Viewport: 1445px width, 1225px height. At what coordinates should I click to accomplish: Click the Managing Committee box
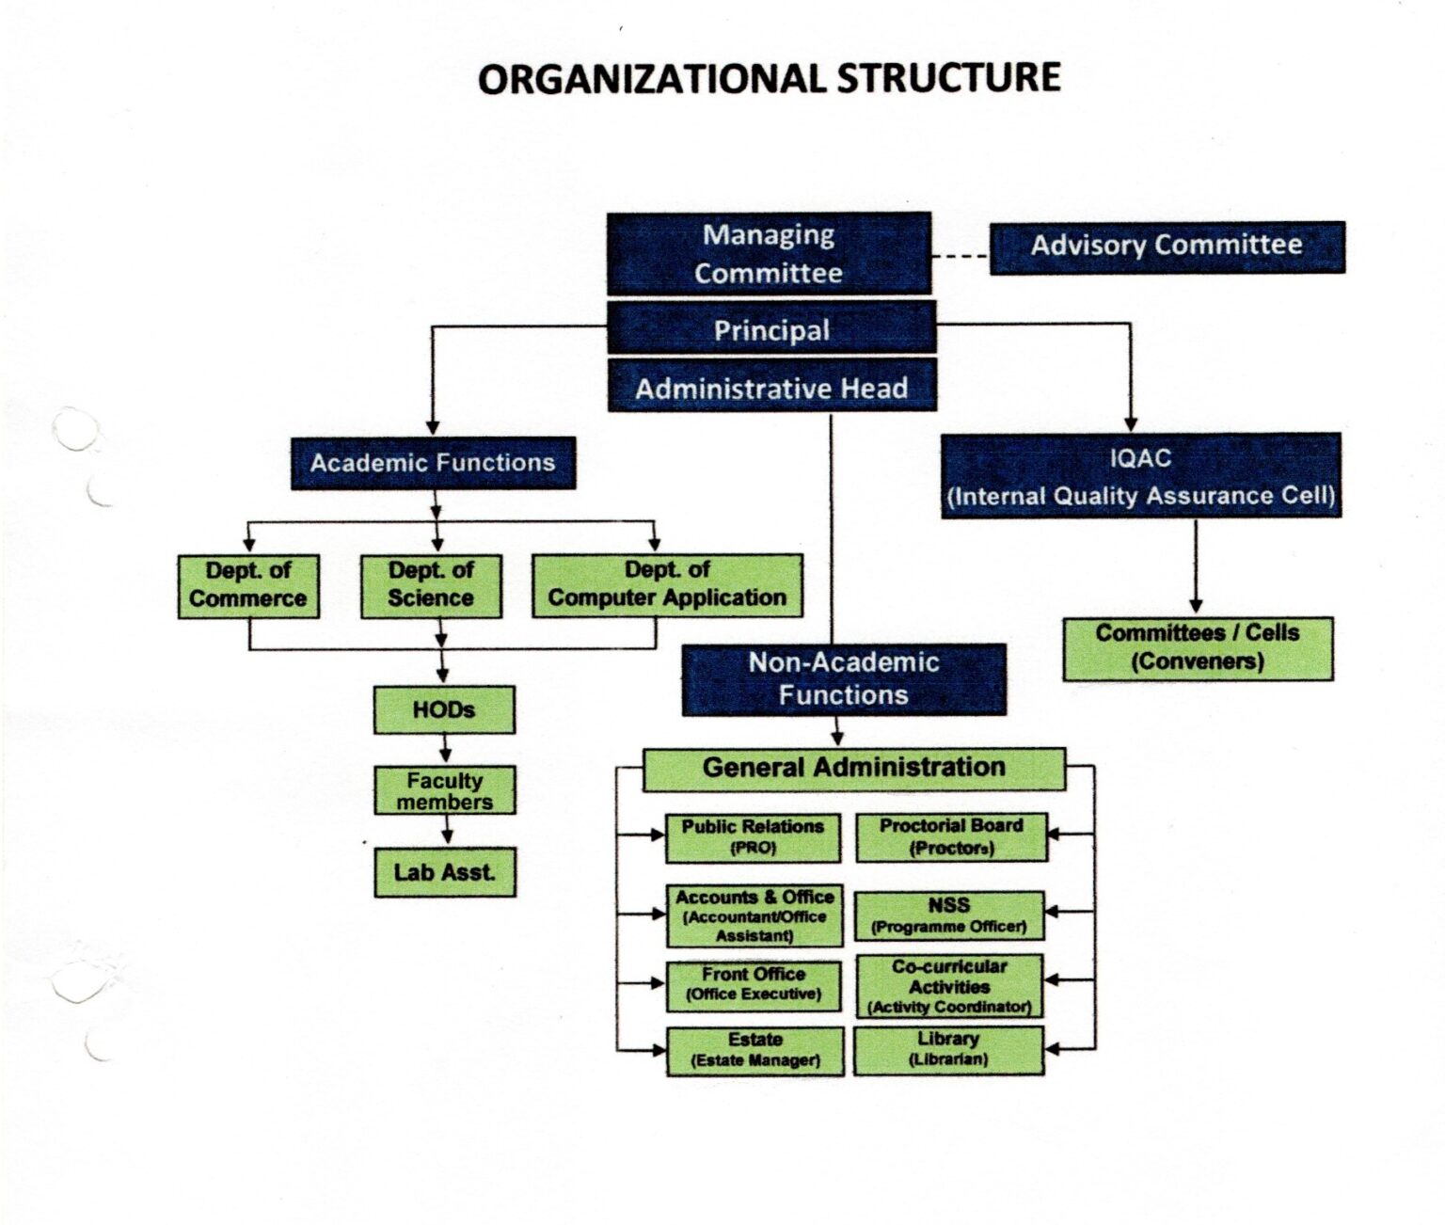click(x=769, y=253)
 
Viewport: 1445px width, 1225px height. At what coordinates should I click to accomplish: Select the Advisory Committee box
click(x=1167, y=247)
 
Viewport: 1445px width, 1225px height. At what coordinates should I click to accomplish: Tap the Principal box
click(x=771, y=329)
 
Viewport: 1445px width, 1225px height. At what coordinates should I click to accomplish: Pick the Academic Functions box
click(x=433, y=463)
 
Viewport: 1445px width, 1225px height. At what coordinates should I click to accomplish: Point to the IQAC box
click(x=1141, y=476)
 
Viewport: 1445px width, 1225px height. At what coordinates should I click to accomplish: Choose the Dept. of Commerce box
click(x=248, y=585)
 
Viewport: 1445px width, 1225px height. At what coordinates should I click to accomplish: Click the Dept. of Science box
click(x=431, y=585)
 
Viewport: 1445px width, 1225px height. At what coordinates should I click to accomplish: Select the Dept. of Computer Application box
click(x=667, y=585)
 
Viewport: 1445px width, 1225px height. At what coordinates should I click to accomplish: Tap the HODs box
click(x=444, y=709)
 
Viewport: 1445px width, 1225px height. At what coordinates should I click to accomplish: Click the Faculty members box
click(x=445, y=790)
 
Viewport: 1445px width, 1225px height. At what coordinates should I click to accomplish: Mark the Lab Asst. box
click(x=445, y=872)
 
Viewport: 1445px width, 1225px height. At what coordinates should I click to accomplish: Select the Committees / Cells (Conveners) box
click(x=1198, y=647)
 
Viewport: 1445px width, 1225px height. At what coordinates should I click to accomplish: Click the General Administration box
click(x=854, y=769)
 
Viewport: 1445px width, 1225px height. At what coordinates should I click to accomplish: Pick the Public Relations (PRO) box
click(x=753, y=837)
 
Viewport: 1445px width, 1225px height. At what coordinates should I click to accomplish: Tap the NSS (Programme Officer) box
click(x=948, y=915)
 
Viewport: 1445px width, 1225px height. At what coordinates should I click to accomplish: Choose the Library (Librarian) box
click(x=948, y=1049)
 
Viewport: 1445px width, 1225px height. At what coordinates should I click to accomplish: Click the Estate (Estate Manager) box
click(x=755, y=1050)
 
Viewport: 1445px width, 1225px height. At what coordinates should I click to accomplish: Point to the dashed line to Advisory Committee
click(x=960, y=256)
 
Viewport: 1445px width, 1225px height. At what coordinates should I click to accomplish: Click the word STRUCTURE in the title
click(x=948, y=77)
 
